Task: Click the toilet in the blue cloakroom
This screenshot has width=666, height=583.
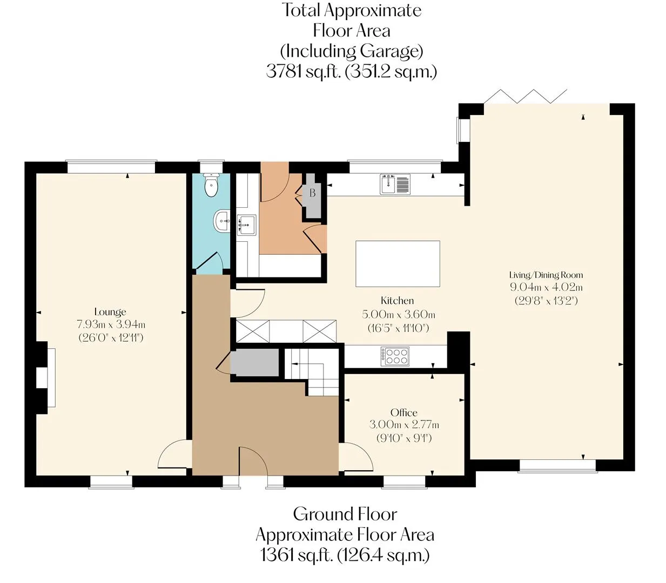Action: [x=211, y=185]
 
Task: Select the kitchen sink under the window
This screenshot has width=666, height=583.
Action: [x=395, y=185]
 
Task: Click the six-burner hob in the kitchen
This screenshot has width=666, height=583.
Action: [x=395, y=356]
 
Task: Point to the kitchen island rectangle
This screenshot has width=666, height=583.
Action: [x=398, y=264]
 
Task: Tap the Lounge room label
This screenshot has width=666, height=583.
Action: [x=110, y=312]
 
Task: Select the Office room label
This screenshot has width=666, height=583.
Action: [x=404, y=413]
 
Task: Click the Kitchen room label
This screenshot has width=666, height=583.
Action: [x=397, y=301]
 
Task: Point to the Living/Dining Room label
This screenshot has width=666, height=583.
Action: [x=546, y=275]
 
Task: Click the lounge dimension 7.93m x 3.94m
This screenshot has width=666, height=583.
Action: [x=111, y=324]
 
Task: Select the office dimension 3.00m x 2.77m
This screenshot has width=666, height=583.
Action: [x=404, y=425]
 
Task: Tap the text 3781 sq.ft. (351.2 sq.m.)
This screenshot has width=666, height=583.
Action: [x=352, y=71]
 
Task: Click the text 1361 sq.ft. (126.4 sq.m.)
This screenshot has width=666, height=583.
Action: [x=345, y=555]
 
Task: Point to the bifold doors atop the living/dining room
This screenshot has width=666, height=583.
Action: [x=526, y=96]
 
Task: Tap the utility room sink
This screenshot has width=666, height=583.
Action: [x=247, y=225]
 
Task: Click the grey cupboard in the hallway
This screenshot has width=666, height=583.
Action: [x=254, y=362]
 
